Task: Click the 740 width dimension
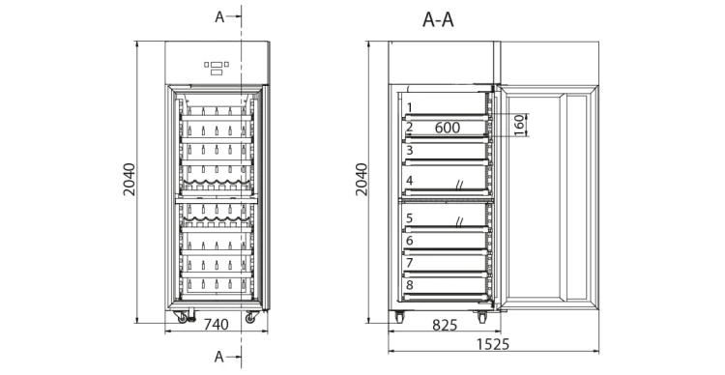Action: pos(217,324)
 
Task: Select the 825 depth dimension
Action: pos(445,325)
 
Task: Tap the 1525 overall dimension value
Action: pos(493,344)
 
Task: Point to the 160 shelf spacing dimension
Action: pos(520,125)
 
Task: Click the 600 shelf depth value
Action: pos(448,128)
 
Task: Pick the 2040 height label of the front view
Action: pos(130,180)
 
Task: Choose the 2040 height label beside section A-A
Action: pos(362,180)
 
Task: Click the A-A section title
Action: pos(438,20)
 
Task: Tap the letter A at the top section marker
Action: pos(219,17)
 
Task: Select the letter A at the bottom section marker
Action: pos(219,357)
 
